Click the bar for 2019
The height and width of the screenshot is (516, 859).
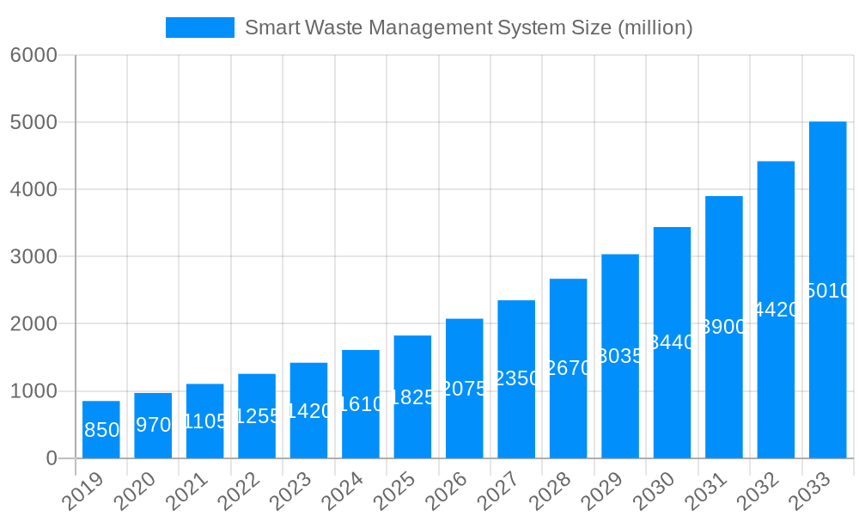tap(101, 429)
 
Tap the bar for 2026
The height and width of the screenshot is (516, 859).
tap(464, 388)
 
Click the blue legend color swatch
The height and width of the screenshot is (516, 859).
tap(199, 28)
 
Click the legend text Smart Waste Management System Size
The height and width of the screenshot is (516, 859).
tap(468, 28)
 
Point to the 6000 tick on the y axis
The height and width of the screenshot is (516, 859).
tap(34, 55)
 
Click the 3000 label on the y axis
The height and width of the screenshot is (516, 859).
tap(34, 256)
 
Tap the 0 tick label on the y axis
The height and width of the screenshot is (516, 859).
tap(52, 458)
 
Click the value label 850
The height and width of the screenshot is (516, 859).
tap(101, 430)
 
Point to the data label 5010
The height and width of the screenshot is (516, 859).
tap(827, 291)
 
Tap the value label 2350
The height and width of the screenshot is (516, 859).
tap(516, 378)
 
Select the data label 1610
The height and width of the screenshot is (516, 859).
tap(361, 404)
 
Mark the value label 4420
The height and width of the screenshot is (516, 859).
tap(776, 310)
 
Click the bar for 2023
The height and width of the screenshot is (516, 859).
tap(308, 410)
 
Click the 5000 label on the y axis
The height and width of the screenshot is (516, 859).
tap(34, 122)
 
